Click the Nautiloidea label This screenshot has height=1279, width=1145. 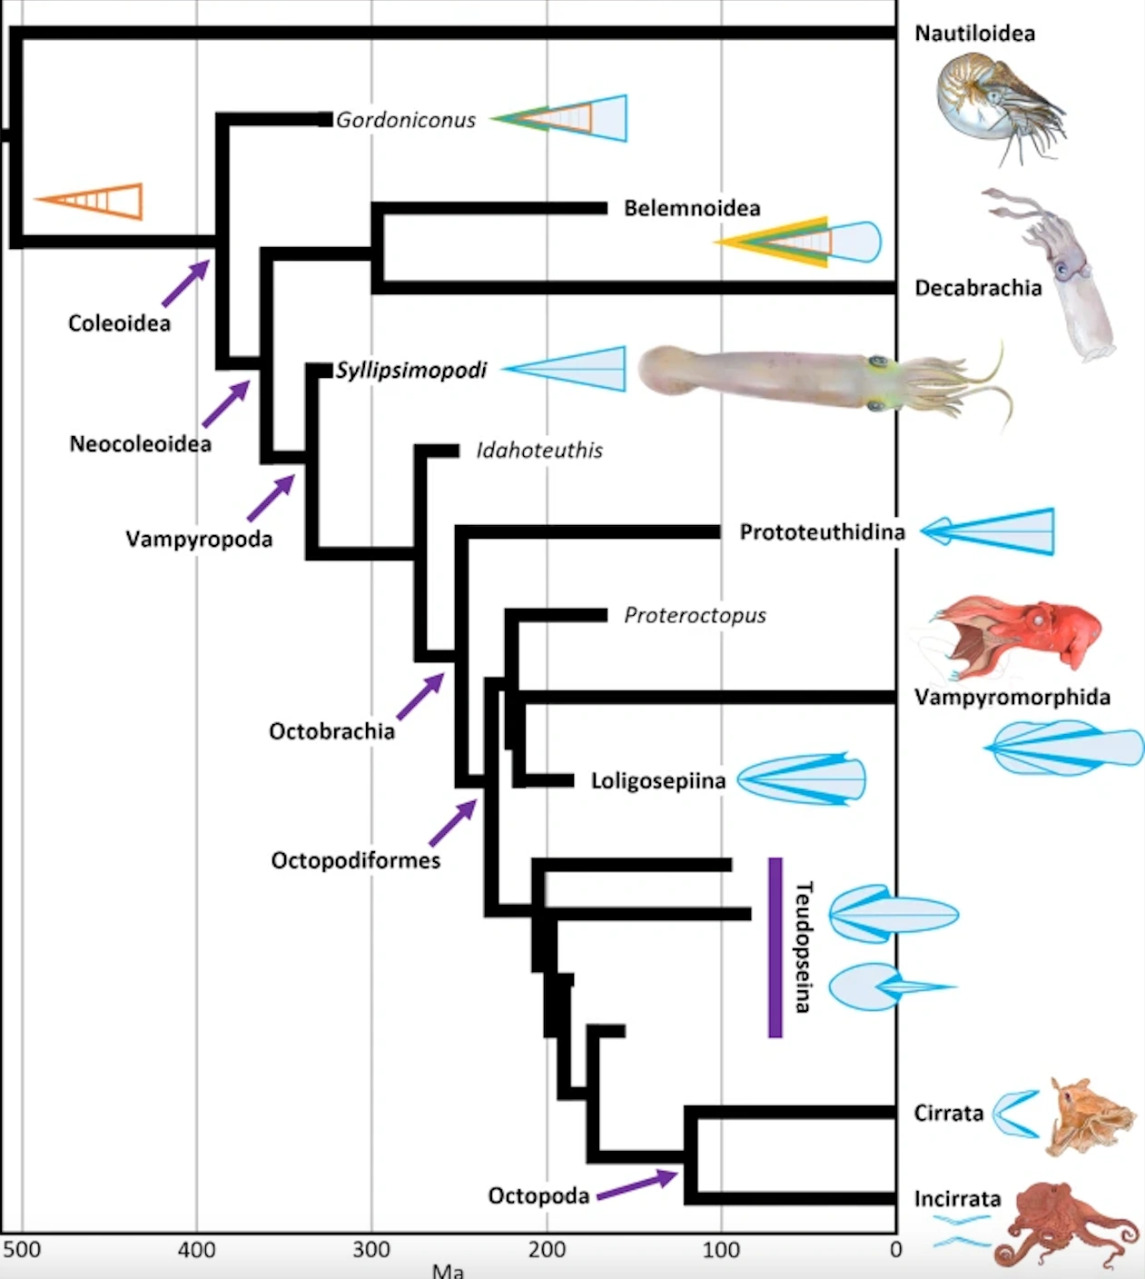pos(974,34)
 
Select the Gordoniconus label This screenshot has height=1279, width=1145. pos(405,120)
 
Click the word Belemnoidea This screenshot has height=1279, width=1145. pos(692,208)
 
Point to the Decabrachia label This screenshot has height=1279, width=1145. pos(978,288)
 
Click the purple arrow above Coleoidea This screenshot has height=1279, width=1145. pos(185,283)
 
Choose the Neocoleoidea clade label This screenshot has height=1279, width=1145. pos(140,443)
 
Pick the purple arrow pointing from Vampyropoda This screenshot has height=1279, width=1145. pos(271,498)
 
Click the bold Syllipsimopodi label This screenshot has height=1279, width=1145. pos(411,370)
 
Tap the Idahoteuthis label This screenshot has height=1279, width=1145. pos(539,451)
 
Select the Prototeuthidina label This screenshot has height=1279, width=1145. pos(822,531)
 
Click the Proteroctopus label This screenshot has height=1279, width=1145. pos(695,615)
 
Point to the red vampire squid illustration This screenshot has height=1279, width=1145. pos(1017,636)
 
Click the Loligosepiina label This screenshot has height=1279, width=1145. pos(658,780)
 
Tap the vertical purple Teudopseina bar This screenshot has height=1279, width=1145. pos(775,947)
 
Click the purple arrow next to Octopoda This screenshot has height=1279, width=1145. pos(637,1185)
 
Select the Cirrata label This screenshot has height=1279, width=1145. pos(949,1113)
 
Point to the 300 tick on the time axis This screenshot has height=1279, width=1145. pos(371,1249)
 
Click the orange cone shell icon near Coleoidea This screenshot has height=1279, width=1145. pos(92,200)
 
